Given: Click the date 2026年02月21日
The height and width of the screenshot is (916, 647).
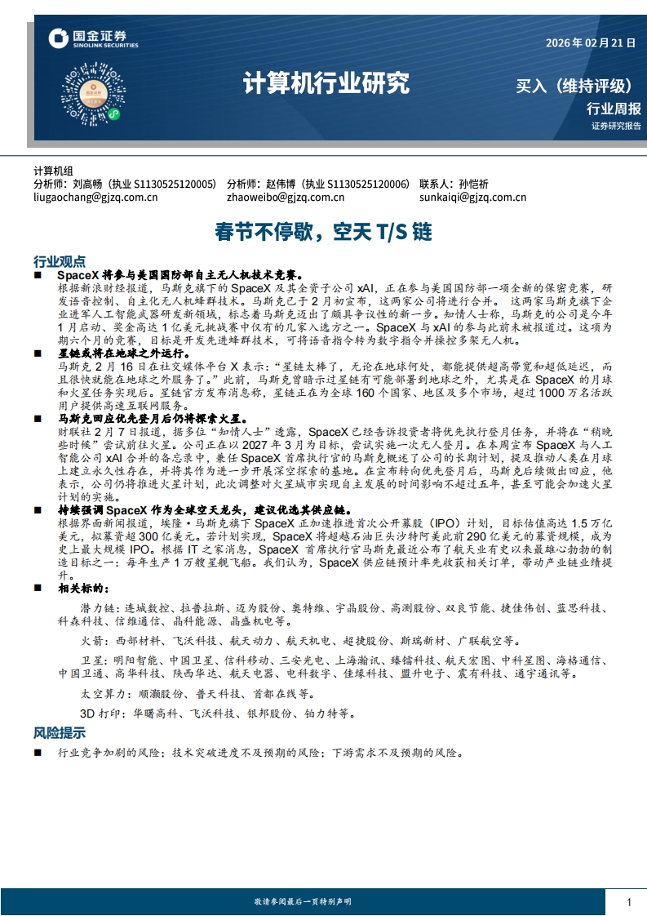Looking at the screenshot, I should [589, 43].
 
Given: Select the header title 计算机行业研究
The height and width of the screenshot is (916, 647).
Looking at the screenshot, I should [326, 83].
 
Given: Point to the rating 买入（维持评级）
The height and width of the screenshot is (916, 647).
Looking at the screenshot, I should [575, 86].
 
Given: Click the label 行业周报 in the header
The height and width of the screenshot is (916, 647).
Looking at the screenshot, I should [614, 109].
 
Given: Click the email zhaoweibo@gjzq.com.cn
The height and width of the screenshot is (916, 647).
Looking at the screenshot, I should [286, 197].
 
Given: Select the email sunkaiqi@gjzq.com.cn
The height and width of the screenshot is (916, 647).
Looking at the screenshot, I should [472, 197].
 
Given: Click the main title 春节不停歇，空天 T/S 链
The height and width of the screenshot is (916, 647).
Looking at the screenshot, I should [323, 232].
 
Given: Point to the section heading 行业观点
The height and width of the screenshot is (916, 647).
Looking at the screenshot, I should [59, 261].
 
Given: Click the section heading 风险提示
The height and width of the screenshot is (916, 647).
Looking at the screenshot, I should [59, 732].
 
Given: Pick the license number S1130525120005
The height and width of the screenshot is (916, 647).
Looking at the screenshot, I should [175, 185].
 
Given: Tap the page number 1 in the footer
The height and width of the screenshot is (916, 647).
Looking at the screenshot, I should [629, 901].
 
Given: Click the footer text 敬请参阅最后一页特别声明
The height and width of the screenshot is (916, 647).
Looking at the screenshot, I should [303, 901].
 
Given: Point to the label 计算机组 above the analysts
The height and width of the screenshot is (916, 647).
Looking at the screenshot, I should [53, 171].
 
